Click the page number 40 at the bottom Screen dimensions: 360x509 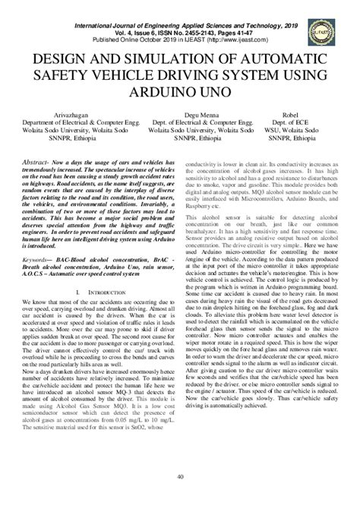[x=180, y=498]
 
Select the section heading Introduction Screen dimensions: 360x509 [x=103, y=270]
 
